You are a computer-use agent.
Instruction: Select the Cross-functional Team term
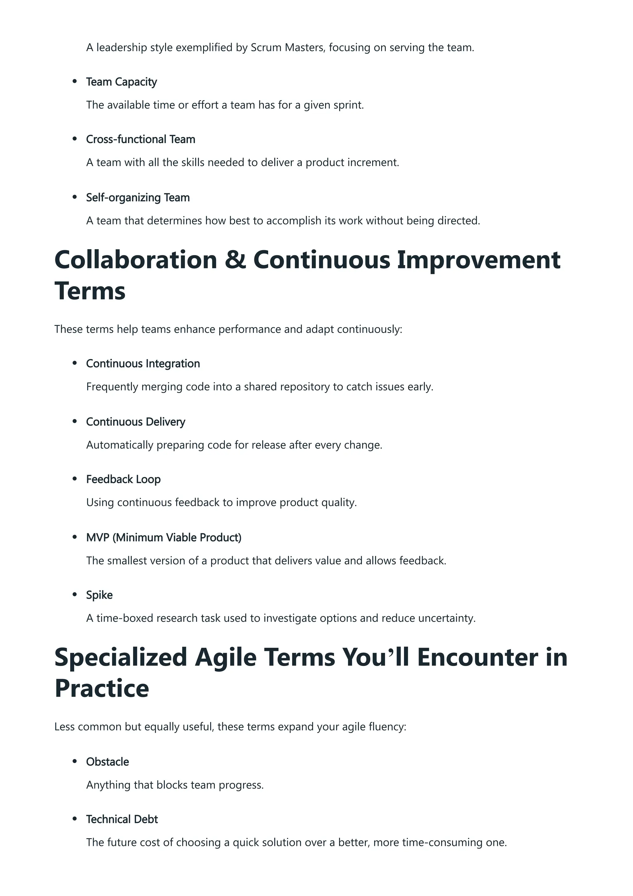(140, 139)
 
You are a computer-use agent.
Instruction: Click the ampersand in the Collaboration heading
(235, 260)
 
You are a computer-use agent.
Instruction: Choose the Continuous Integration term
(143, 364)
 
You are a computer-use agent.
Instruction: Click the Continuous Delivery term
(135, 422)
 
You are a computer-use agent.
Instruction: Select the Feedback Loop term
(123, 479)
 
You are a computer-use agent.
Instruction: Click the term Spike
(99, 595)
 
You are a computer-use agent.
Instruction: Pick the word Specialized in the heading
(121, 657)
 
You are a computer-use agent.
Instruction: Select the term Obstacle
(107, 762)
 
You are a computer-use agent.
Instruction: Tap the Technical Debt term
(122, 819)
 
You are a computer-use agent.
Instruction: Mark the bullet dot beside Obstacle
(74, 762)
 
